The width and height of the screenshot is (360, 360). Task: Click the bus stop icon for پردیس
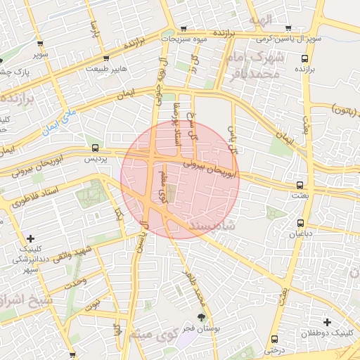[x=95, y=148]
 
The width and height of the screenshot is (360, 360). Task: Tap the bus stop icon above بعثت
[x=300, y=185]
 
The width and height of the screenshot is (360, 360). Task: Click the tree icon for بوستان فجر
[x=201, y=318]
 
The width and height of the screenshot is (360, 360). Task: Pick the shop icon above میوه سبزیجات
[x=184, y=29]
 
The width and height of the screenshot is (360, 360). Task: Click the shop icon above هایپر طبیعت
[x=105, y=58]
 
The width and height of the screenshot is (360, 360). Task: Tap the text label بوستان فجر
[x=200, y=329]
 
